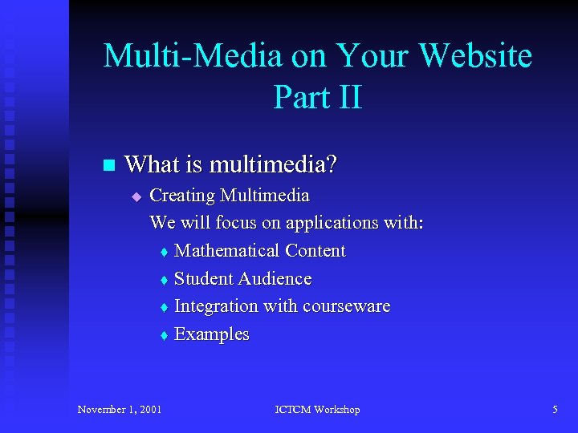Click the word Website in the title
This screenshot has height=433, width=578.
tap(475, 57)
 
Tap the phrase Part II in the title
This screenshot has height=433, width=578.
tap(318, 98)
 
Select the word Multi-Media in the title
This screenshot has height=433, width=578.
tap(193, 57)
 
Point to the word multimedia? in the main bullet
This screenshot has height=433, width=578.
tap(273, 165)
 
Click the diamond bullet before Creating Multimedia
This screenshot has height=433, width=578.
tap(136, 196)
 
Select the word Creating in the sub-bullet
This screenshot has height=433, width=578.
tap(182, 196)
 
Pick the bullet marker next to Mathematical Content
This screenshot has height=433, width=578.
tap(163, 252)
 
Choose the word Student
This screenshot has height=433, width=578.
tap(201, 279)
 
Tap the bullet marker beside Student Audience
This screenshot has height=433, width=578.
tap(163, 280)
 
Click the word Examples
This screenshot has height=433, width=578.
tap(212, 334)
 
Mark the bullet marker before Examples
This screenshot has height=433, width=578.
tap(163, 335)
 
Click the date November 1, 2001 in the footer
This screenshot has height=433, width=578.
tap(120, 410)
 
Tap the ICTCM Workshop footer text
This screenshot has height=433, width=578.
tap(317, 410)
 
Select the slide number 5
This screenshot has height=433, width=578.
tap(555, 410)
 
